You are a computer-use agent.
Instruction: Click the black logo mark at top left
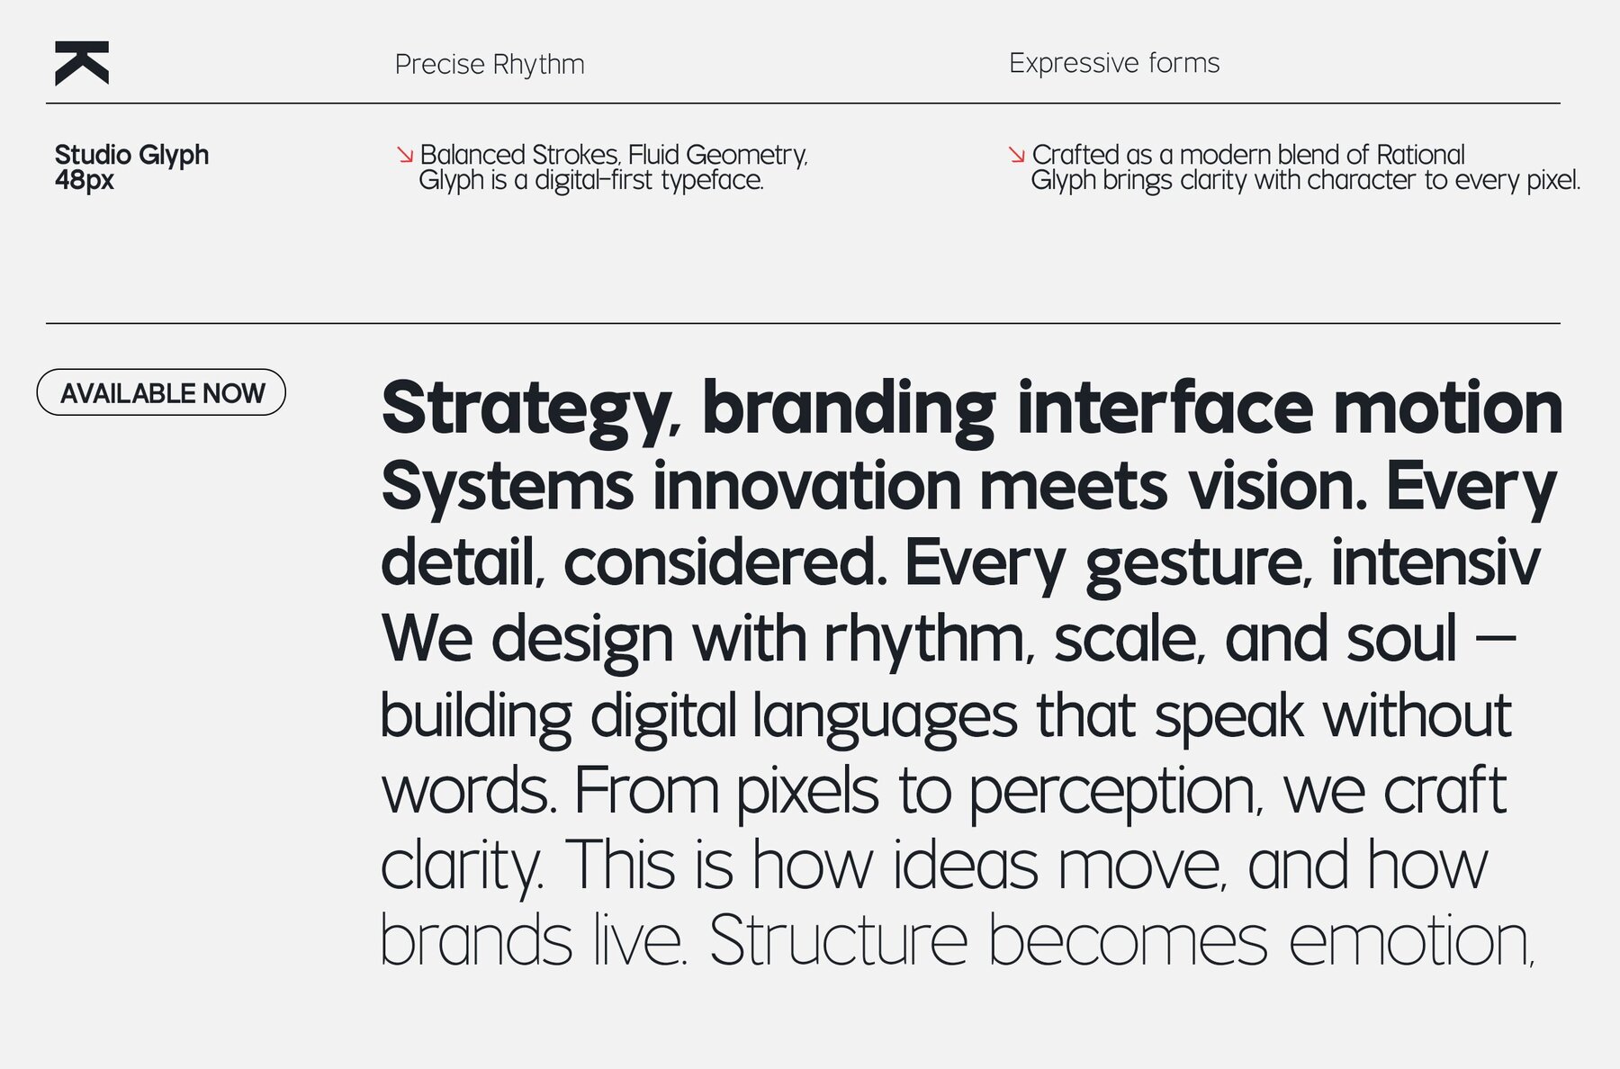point(82,63)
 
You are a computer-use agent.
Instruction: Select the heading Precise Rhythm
point(490,65)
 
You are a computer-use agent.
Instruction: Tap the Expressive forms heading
point(1114,63)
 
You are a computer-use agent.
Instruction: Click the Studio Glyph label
point(131,155)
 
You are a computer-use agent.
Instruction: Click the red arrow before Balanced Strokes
point(405,156)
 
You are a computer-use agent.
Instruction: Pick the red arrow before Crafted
point(1017,156)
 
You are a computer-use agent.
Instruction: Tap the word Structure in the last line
point(839,940)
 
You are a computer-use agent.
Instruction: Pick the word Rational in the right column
point(1420,155)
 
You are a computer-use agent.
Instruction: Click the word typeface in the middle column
point(712,181)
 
